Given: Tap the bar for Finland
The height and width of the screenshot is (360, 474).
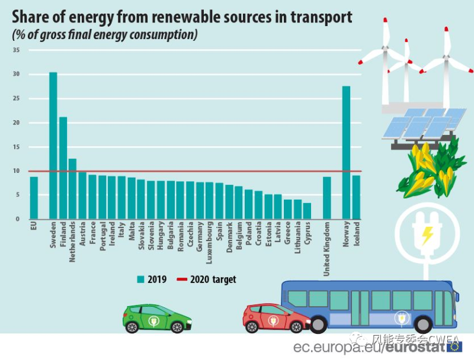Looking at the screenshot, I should tap(63, 168).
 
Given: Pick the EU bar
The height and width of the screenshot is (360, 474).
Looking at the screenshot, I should tap(34, 198).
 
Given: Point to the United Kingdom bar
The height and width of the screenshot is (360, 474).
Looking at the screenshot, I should tap(327, 198).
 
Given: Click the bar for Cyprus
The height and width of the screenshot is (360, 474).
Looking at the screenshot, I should tap(307, 211).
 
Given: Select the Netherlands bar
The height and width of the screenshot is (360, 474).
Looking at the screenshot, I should tap(72, 189).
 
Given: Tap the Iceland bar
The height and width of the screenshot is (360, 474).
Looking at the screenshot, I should tap(356, 197).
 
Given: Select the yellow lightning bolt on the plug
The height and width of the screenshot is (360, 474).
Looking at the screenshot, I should tap(426, 236).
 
